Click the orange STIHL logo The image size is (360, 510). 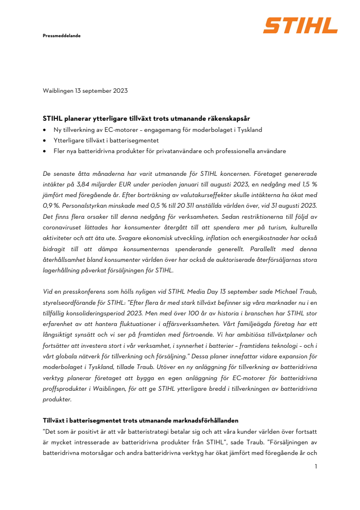pyautogui.click(x=300, y=25)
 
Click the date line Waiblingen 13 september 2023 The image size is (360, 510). pyautogui.click(x=85, y=90)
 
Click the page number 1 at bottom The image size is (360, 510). pyautogui.click(x=315, y=467)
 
